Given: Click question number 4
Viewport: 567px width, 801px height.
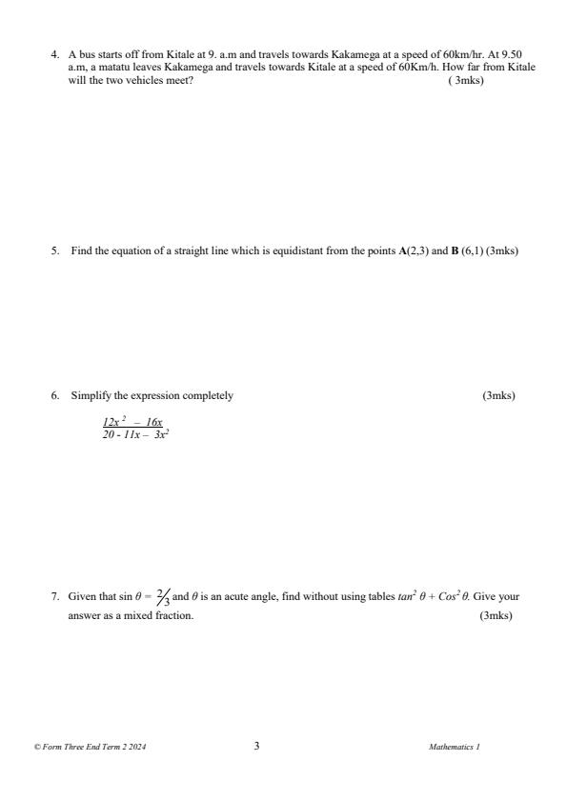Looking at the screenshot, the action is click(54, 55).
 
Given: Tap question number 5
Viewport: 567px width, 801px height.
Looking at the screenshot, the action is click(54, 251).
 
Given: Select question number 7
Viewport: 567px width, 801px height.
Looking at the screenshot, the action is click(54, 597).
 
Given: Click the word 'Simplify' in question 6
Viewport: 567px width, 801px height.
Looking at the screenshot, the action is click(90, 395).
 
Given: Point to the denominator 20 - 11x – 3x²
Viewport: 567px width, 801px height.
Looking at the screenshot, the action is click(136, 433).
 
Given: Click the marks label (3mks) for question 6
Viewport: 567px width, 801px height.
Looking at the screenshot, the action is click(498, 395).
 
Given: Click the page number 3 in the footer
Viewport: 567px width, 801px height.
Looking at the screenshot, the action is click(256, 747).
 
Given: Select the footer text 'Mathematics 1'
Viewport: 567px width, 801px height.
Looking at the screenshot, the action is click(455, 748).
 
